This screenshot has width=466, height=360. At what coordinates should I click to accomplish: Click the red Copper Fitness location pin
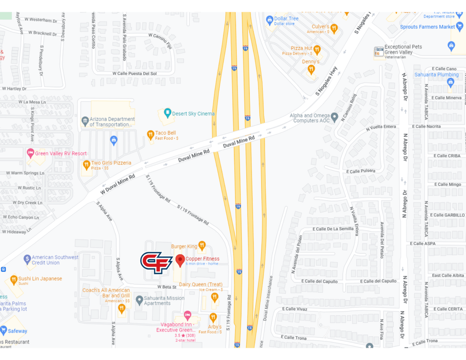point(180,261)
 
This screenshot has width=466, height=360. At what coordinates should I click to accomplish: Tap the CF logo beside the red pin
point(156,263)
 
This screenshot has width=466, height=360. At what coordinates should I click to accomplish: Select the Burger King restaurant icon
point(202,246)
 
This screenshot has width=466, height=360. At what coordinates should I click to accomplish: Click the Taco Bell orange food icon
point(150,134)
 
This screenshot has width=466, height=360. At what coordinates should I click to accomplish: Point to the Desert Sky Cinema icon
point(167,113)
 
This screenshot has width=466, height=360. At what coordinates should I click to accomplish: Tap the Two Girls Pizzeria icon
point(86,164)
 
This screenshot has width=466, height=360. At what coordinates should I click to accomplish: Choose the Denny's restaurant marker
point(311,69)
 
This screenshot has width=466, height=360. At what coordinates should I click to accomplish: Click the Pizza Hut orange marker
point(317,50)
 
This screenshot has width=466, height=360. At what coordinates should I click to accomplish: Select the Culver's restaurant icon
point(334,29)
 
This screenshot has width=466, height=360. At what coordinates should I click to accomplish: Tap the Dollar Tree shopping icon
point(269,20)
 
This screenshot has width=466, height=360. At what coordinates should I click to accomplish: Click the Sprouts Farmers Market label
point(427,27)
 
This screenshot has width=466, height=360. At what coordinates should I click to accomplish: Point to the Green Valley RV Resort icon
point(30,153)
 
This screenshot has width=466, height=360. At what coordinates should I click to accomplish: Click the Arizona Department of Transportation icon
point(85,122)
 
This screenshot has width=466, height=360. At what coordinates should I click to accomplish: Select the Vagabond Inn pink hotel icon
point(187,315)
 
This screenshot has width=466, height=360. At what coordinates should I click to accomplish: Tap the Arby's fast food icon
point(213,317)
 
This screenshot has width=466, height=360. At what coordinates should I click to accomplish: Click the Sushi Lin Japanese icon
point(14,279)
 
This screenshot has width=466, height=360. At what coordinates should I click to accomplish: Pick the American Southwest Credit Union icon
point(27,259)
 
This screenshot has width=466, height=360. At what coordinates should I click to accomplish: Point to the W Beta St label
point(167,287)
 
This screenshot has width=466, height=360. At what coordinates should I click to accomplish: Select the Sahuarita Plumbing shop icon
point(451,82)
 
